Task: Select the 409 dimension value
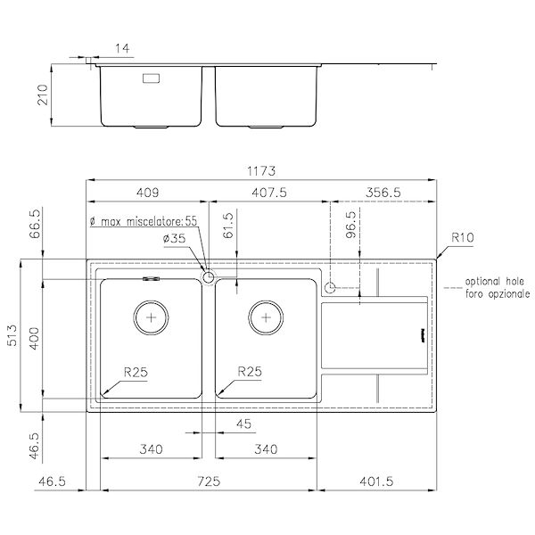(x=147, y=192)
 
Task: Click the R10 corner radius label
(x=462, y=238)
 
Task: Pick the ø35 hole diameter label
(x=175, y=238)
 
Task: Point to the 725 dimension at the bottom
(x=208, y=481)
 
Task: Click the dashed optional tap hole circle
(x=330, y=287)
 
